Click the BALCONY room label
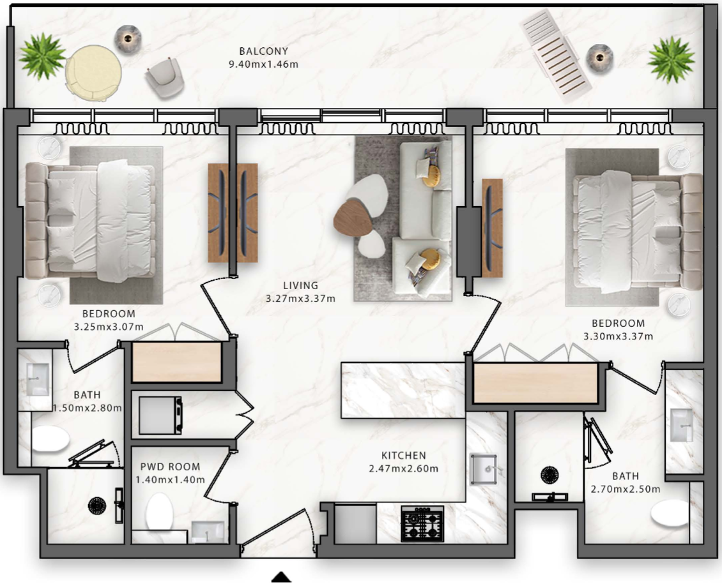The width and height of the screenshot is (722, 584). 263,51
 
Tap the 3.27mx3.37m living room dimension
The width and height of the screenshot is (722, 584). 301,299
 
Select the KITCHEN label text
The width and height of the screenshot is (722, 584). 404,455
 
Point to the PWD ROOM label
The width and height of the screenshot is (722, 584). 171,467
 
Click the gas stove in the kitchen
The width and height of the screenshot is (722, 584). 422,523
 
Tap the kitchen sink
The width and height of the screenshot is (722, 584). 484,469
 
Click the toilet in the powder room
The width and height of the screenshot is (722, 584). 159,511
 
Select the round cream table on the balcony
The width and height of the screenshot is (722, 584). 93,73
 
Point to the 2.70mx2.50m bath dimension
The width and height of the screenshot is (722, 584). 626,490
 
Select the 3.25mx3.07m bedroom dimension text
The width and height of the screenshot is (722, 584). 109,327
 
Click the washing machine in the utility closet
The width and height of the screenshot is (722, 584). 160,416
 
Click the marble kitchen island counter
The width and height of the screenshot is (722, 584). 403,391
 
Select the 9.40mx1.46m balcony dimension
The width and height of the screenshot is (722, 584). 263,64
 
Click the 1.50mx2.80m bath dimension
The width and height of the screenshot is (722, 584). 88,408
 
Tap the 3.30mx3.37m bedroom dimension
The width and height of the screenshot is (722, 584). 618,336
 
